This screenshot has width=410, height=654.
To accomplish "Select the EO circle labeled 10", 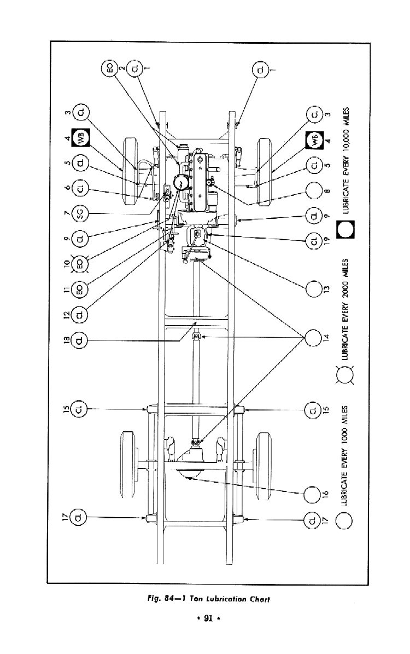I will pos(81,264).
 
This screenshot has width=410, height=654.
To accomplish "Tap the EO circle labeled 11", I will pos(81,290).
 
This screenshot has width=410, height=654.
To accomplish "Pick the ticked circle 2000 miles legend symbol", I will pos(345,377).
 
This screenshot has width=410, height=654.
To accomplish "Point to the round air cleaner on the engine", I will pos(180,182).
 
